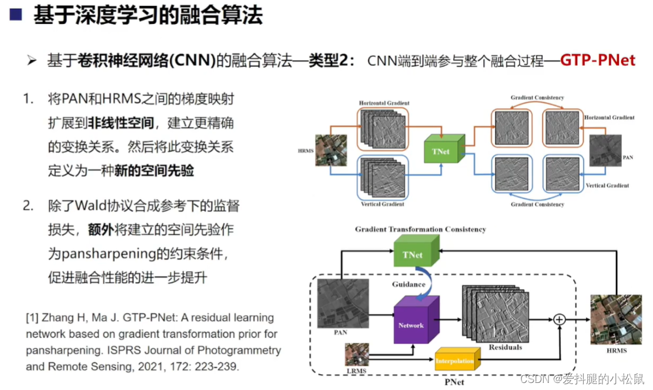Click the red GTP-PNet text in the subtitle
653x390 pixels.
597,60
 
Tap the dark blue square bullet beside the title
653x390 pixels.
15,15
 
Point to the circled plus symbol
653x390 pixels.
559,320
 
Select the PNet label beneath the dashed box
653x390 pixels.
454,382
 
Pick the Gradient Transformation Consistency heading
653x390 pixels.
420,229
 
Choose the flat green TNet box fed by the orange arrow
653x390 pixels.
441,151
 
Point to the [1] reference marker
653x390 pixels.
32,318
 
